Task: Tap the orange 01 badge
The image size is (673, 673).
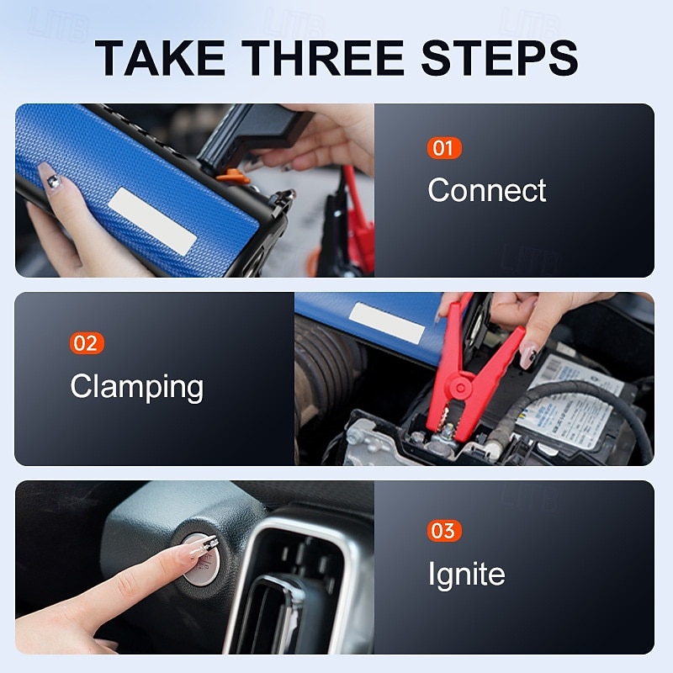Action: point(443,149)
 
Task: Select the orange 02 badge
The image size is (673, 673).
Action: point(87,343)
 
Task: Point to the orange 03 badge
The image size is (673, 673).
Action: point(443,531)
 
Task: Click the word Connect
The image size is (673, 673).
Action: point(487,190)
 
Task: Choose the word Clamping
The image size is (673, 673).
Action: point(136,387)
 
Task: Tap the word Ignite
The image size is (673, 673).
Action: point(466,575)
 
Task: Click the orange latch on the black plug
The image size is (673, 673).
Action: point(233,176)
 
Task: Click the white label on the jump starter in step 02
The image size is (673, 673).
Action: point(387,322)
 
